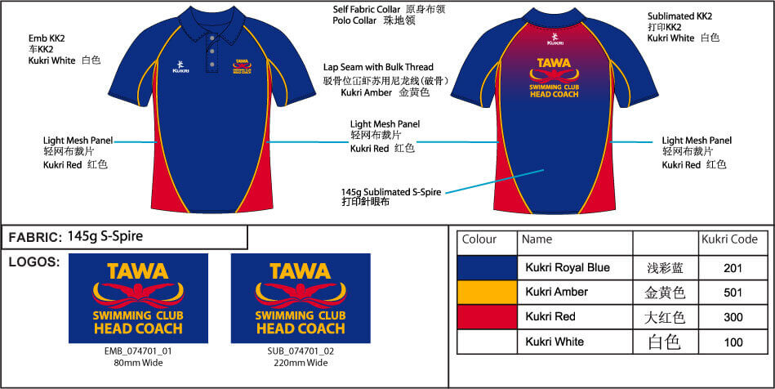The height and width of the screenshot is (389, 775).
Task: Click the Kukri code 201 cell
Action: point(733,268)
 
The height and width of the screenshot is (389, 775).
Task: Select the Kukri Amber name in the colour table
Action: point(556,292)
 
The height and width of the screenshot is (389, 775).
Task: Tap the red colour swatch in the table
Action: point(487,317)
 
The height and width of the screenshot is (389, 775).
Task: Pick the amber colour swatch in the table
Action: point(487,293)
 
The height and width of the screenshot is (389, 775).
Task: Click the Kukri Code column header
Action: point(729,239)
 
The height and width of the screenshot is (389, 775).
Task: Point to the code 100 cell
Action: point(733,342)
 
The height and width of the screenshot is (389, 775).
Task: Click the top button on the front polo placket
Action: point(212,38)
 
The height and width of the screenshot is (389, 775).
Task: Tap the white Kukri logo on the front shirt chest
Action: point(178,66)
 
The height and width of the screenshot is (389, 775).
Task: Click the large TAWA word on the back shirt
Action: point(554,64)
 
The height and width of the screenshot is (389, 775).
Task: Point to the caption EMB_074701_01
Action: point(138,352)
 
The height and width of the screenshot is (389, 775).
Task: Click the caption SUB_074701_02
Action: point(301,352)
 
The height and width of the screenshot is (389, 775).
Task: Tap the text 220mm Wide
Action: point(301,364)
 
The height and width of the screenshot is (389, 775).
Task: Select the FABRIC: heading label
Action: point(34,238)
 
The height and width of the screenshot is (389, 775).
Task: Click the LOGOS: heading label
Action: point(34,262)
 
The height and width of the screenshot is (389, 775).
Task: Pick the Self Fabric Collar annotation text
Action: point(366,10)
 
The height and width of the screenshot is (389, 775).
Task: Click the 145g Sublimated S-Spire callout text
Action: point(391,191)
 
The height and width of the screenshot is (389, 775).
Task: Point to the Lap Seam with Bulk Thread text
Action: point(378,67)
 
